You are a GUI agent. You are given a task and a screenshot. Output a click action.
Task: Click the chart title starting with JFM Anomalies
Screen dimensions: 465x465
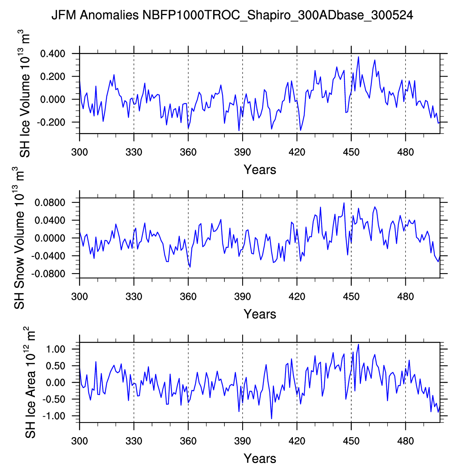pyautogui.click(x=232, y=15)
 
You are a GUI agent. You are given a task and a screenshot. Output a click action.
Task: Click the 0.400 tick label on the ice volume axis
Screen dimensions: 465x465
pyautogui.click(x=52, y=53)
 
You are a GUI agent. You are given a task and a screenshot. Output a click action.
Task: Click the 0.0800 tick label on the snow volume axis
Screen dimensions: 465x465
pyautogui.click(x=51, y=202)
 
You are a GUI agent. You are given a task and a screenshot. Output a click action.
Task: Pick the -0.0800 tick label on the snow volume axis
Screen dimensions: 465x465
pyautogui.click(x=49, y=274)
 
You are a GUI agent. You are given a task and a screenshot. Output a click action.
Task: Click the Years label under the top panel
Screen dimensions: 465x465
pyautogui.click(x=260, y=169)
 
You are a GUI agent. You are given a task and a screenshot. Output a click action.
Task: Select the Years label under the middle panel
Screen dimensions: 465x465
pyautogui.click(x=260, y=314)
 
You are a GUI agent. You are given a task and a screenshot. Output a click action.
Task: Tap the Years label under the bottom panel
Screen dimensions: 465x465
pyautogui.click(x=260, y=458)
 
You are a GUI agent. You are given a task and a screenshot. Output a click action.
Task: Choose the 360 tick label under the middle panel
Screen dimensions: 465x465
pyautogui.click(x=188, y=297)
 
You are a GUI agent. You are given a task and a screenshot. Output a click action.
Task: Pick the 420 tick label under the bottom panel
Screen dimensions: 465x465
pyautogui.click(x=297, y=441)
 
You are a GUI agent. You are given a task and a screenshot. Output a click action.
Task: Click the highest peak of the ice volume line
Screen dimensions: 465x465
pyautogui.click(x=359, y=57)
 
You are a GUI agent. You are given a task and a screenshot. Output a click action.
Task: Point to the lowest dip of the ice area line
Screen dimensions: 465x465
pyautogui.click(x=272, y=419)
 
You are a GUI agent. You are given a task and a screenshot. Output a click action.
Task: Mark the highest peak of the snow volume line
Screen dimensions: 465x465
pyautogui.click(x=344, y=203)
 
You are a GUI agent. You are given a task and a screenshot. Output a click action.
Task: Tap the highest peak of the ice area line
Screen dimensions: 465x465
pyautogui.click(x=359, y=344)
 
